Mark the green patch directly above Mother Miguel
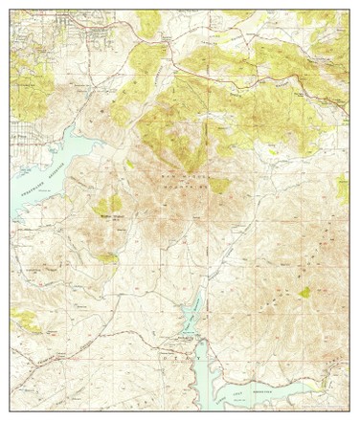pyautogui.click(x=108, y=204)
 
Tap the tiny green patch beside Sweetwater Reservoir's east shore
pyautogui.click(x=129, y=164)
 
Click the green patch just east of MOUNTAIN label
pyautogui.click(x=219, y=185)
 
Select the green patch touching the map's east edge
pyautogui.click(x=343, y=189)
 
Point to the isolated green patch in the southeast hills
pyautogui.click(x=304, y=293)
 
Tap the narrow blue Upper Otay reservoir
pyautogui.click(x=191, y=311)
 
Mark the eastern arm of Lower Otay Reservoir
pyautogui.click(x=287, y=388)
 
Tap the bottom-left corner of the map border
pyautogui.click(x=11, y=412)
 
